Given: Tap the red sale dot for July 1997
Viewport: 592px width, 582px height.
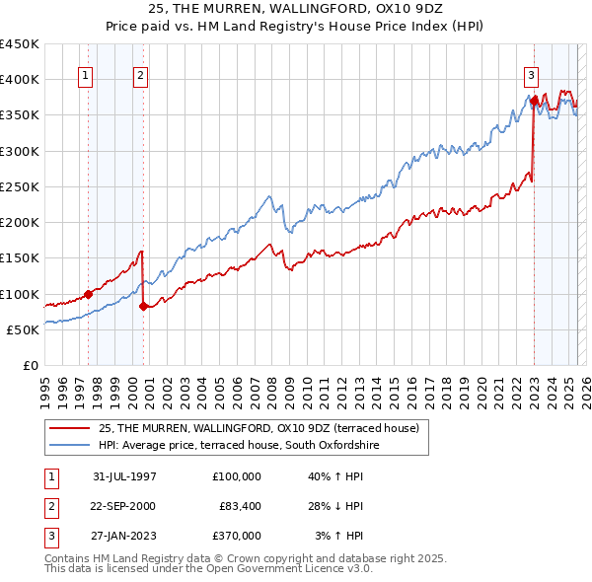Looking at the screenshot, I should (88, 293).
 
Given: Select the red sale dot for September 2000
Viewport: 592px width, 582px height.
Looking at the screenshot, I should (143, 306).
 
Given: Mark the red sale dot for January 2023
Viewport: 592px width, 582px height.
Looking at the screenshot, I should (534, 100).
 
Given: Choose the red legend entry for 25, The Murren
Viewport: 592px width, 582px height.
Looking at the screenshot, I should (259, 427).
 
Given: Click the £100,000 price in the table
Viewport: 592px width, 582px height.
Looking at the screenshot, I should (237, 476).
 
